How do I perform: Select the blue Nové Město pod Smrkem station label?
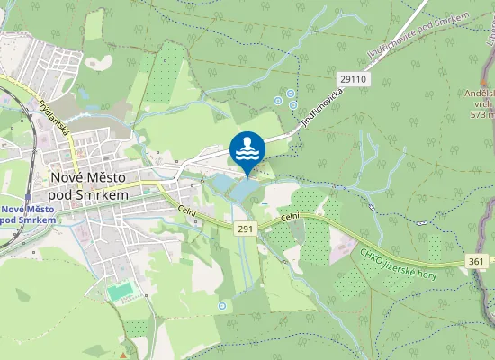click(29, 214)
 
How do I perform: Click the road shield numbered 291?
click(246, 229)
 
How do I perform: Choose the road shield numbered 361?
click(480, 261)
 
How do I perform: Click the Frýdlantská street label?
click(57, 116)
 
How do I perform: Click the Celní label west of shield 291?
click(186, 211)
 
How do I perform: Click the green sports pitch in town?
click(121, 291)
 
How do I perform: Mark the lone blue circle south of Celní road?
click(222, 306)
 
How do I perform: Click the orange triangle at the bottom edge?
click(122, 355)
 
